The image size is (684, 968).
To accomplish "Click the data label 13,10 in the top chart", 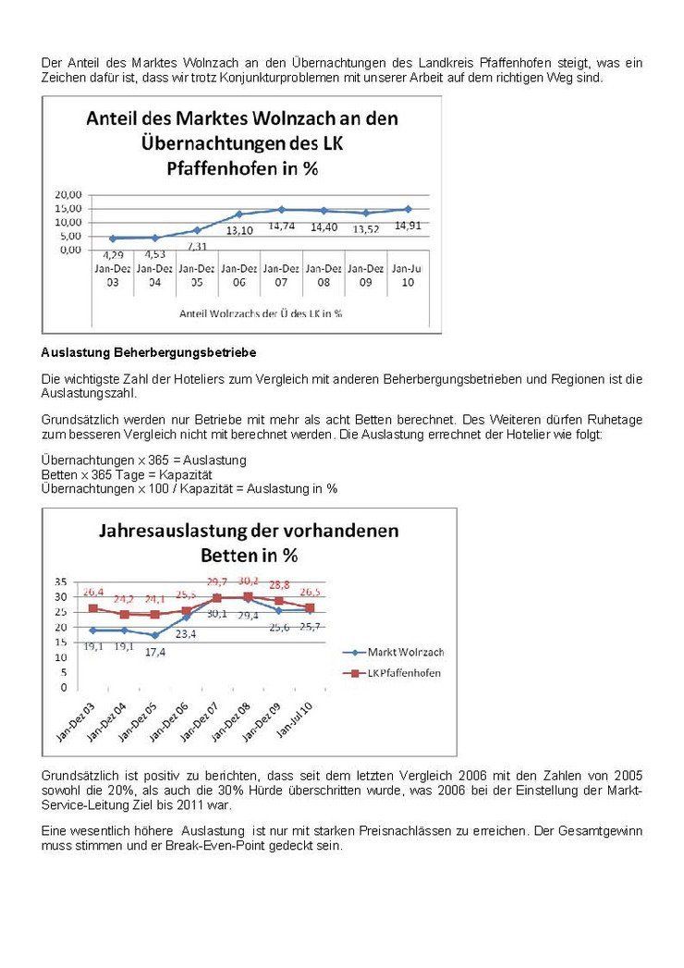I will pos(239,230).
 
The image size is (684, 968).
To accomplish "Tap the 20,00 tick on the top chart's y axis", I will pos(69,194).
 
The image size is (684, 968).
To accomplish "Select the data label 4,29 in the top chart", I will pos(113,254).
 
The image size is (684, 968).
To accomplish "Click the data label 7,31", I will pos(196,247).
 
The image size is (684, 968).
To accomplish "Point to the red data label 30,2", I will pos(249,581).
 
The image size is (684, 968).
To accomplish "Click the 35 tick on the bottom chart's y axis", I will pos(61,582).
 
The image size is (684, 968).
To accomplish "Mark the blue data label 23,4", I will pos(186,634).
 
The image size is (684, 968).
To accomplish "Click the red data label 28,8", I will pos(279,585).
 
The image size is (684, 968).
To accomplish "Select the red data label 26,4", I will pos(93,592).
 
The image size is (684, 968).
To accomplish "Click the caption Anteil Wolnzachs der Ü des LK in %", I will pos(261,312).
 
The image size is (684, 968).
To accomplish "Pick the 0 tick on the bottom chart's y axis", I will pos(64,688).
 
